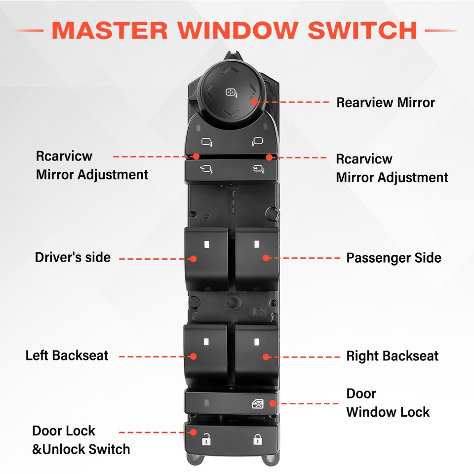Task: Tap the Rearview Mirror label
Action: click(385, 103)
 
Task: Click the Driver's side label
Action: click(73, 257)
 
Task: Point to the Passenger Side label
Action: click(393, 258)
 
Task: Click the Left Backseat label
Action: click(67, 355)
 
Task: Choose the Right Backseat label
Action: click(392, 356)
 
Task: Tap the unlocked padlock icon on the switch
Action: click(206, 439)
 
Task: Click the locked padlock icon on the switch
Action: click(257, 439)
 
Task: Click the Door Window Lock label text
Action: click(388, 403)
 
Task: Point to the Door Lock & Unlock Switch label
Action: click(81, 440)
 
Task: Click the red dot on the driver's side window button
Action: click(194, 258)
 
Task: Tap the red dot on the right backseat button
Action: click(266, 356)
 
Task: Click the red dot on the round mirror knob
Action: click(254, 102)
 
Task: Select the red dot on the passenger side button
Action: click(266, 258)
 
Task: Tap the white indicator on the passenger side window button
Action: click(257, 243)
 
